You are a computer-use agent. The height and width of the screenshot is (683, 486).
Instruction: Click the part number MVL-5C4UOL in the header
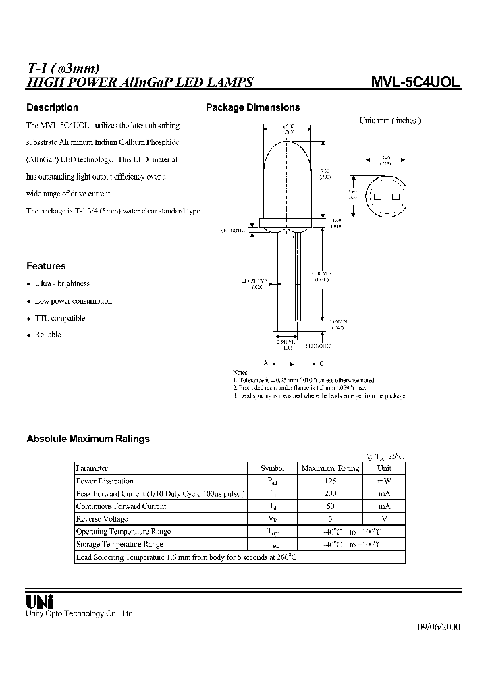[416, 82]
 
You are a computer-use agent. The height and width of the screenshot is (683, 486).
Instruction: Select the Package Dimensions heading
[252, 107]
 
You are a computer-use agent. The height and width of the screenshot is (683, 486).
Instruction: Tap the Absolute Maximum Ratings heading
[88, 439]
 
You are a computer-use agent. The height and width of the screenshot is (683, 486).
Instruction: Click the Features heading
[46, 266]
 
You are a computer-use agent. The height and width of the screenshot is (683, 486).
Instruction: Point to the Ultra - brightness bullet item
[62, 284]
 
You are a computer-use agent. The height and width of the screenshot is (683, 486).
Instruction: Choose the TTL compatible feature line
[60, 318]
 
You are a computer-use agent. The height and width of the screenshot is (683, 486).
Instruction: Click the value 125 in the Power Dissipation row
[330, 481]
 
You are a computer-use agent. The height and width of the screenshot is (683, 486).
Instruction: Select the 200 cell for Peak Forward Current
[330, 493]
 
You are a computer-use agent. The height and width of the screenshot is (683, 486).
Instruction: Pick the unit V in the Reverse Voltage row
[384, 519]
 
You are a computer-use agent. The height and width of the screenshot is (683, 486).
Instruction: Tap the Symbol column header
[273, 468]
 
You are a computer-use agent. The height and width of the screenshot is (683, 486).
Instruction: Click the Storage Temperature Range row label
[119, 544]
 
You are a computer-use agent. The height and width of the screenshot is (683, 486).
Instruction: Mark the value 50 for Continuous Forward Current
[330, 506]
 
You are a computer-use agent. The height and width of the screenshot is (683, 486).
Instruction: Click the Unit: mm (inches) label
[389, 120]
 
